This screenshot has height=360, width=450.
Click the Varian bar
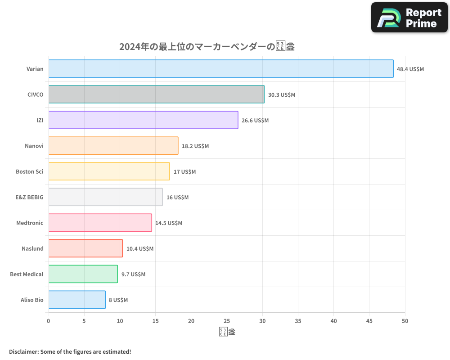220,69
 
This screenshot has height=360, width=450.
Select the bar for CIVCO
156,94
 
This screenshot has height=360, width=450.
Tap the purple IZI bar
143,120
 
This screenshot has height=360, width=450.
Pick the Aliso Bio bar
77,300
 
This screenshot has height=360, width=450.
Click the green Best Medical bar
83,274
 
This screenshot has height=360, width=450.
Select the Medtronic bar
100,223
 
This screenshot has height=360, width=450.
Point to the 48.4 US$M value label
410,69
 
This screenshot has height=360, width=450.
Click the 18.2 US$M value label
195,146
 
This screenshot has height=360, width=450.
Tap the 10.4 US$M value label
140,249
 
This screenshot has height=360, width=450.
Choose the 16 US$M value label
177,198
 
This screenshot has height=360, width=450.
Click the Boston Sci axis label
30,172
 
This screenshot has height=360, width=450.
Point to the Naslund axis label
32,249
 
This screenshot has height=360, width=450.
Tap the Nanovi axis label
34,146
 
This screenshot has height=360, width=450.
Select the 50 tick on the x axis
405,321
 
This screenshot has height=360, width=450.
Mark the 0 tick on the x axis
49,321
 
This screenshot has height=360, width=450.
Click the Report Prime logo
409,18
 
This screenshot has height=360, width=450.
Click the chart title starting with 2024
207,47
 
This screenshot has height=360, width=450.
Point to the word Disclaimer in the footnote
23,351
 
